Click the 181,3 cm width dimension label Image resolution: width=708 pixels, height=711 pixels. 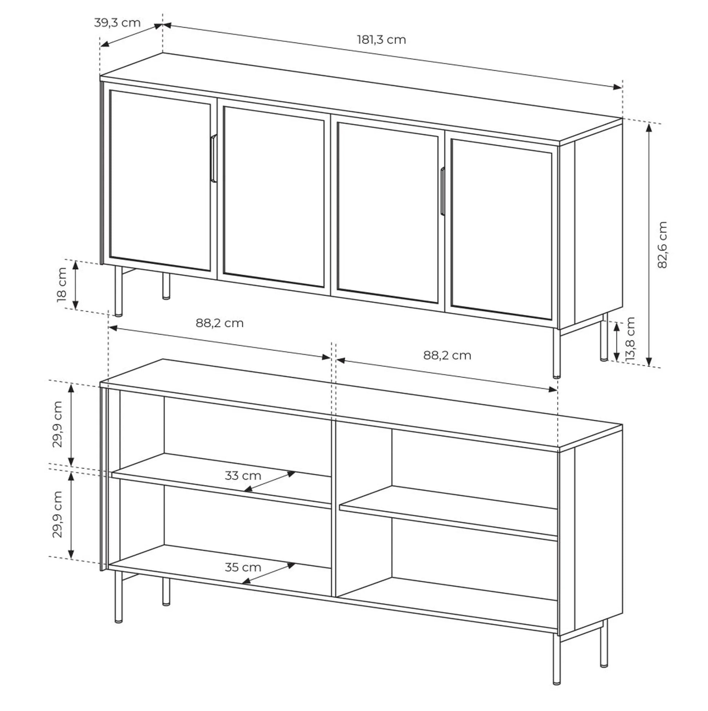pyautogui.click(x=382, y=39)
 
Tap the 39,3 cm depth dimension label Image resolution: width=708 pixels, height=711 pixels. pyautogui.click(x=118, y=23)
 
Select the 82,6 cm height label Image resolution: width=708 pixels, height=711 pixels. pyautogui.click(x=662, y=245)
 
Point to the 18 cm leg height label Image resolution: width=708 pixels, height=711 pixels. pyautogui.click(x=62, y=285)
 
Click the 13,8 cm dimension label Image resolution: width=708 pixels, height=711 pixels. pyautogui.click(x=630, y=338)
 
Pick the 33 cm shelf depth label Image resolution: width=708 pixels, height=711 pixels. pyautogui.click(x=243, y=476)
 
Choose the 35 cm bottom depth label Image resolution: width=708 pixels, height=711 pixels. pyautogui.click(x=243, y=567)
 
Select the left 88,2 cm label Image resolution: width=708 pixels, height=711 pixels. pyautogui.click(x=220, y=323)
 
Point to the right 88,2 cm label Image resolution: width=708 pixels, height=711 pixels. pyautogui.click(x=447, y=355)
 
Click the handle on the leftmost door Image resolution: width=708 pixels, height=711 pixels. pyautogui.click(x=214, y=158)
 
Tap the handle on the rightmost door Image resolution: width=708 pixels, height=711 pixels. pyautogui.click(x=442, y=191)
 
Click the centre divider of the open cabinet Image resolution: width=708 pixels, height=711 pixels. pyautogui.click(x=334, y=508)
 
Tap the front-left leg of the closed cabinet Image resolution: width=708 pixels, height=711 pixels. pyautogui.click(x=118, y=291)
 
